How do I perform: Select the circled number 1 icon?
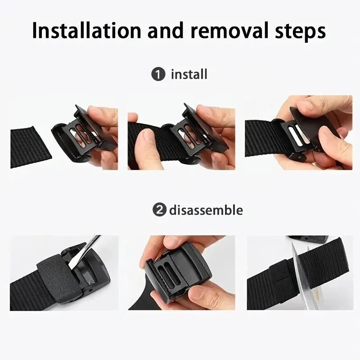[158, 74]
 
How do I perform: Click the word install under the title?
[189, 74]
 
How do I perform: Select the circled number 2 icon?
[158, 210]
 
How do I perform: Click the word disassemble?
[206, 210]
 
